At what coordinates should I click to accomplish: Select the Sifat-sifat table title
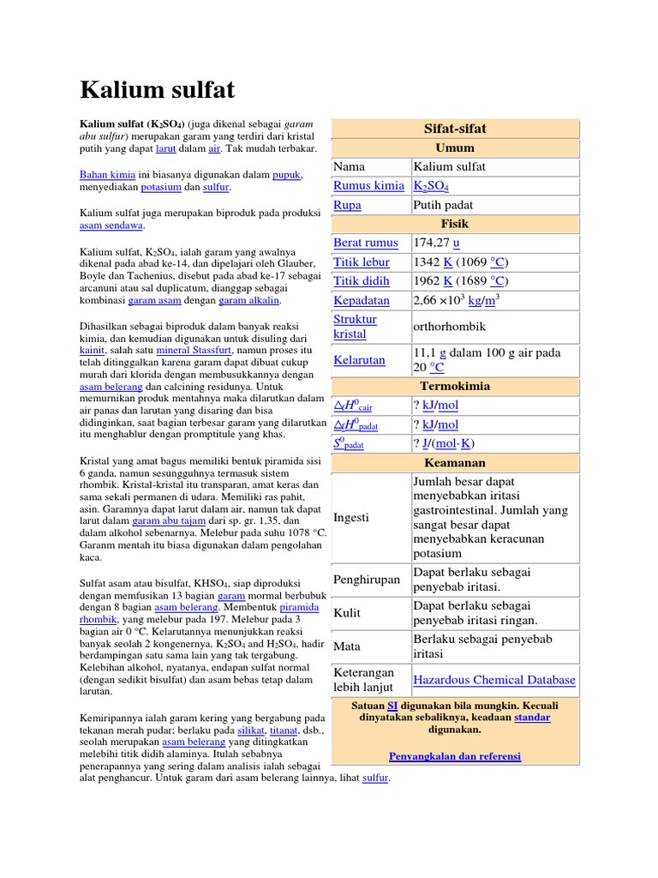pos(455,129)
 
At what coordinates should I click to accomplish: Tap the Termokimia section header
pos(455,386)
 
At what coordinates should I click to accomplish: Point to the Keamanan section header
pos(455,463)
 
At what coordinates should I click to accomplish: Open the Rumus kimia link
pos(368,186)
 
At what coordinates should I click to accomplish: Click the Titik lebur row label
pos(361,262)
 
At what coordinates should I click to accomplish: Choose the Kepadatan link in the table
pos(361,300)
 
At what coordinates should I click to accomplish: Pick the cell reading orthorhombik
pos(450,326)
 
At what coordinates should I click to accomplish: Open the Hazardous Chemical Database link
pos(494,680)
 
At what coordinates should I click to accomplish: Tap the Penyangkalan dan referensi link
pos(455,756)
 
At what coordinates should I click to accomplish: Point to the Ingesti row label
pos(351,518)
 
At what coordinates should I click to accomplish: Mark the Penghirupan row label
pos(366,580)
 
